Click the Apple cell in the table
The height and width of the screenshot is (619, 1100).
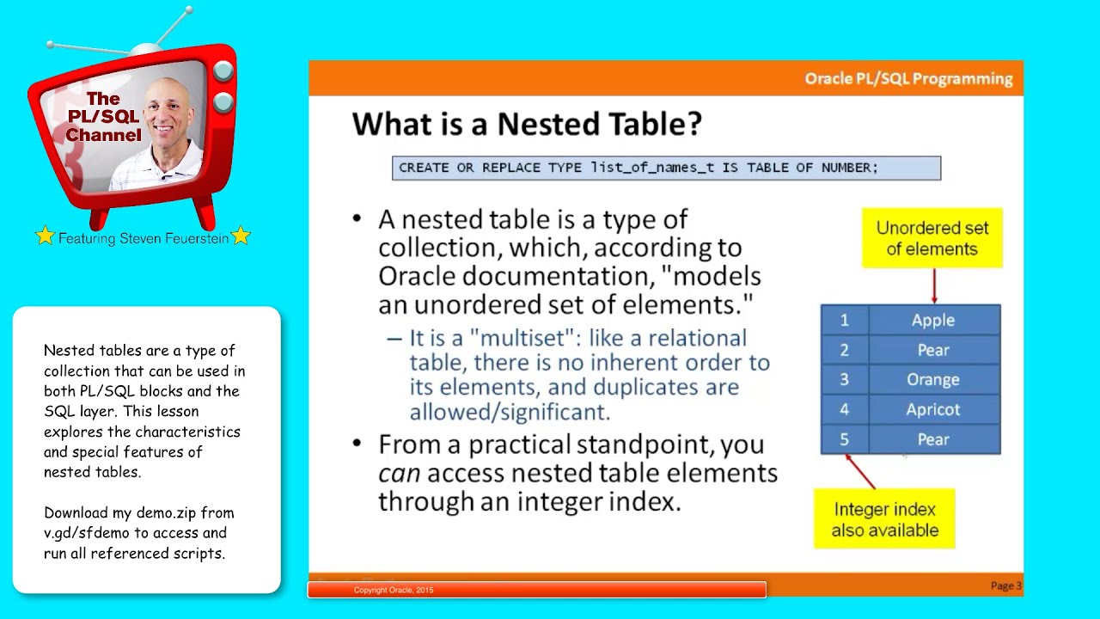(x=933, y=320)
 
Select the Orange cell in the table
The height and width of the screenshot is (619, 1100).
(x=933, y=379)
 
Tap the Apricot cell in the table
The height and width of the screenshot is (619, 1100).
(x=933, y=409)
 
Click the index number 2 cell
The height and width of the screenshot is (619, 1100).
(x=844, y=350)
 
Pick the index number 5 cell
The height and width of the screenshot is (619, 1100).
(x=844, y=439)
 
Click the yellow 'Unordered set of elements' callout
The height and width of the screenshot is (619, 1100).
(x=932, y=238)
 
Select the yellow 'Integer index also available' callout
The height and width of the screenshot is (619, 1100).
(x=884, y=519)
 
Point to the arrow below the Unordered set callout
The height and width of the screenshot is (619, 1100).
(x=934, y=285)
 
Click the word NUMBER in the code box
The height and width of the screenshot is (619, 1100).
(x=846, y=168)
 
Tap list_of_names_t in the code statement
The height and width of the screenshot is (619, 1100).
(x=651, y=168)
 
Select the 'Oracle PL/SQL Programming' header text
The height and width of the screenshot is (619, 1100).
(x=908, y=78)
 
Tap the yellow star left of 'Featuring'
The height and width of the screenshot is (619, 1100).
(x=45, y=236)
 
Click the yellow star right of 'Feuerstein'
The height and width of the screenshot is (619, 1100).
(x=241, y=236)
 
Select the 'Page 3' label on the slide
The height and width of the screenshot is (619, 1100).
(x=1005, y=585)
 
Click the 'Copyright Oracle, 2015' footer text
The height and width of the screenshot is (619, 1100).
(x=394, y=590)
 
